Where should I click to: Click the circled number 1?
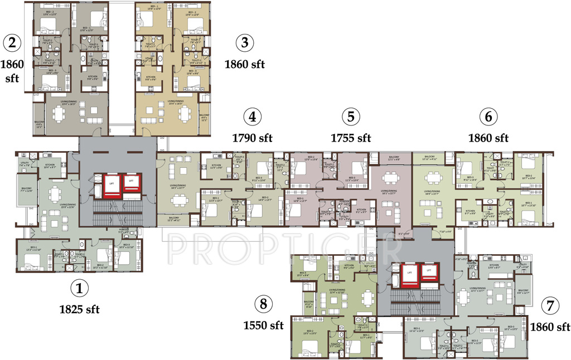(x=79, y=289)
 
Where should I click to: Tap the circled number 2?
(x=12, y=42)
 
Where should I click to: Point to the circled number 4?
(x=253, y=117)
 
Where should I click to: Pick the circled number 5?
(x=351, y=117)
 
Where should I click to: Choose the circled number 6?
(x=488, y=117)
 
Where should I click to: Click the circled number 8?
(x=264, y=304)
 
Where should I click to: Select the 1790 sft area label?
(x=253, y=137)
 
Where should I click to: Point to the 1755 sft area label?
(x=351, y=137)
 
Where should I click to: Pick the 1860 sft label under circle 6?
(x=488, y=137)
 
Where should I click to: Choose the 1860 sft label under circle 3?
(x=244, y=64)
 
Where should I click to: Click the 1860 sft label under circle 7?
(x=550, y=326)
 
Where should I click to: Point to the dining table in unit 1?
(x=55, y=193)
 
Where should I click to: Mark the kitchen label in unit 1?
(x=50, y=166)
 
